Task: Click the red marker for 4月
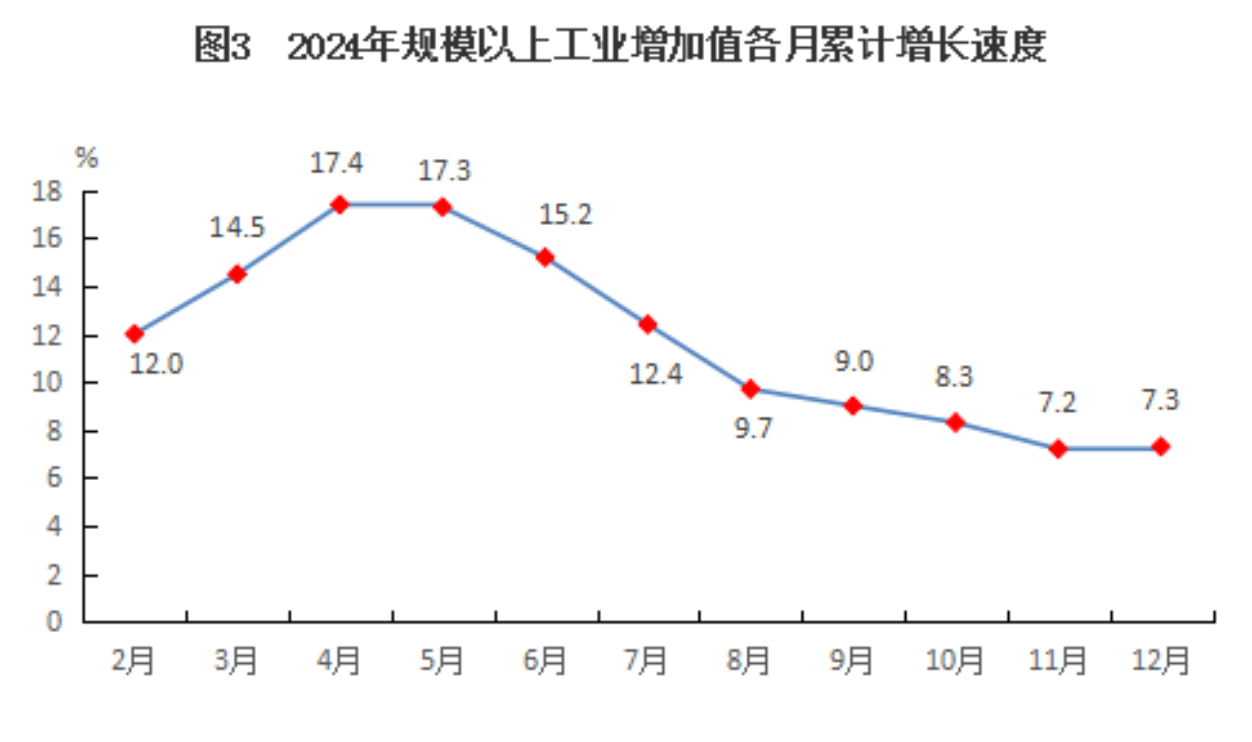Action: [339, 204]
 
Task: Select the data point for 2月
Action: [134, 333]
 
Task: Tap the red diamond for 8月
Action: [751, 389]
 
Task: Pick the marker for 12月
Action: [1161, 447]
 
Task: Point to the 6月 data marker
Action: [544, 257]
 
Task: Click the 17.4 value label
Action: [336, 162]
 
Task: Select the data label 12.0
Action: [156, 364]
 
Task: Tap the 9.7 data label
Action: [753, 428]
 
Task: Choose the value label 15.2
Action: [565, 214]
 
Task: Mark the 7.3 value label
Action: [1160, 400]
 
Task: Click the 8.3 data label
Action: [953, 376]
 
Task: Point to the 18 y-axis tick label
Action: [47, 191]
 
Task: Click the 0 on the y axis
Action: [54, 621]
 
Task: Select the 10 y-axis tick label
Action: [47, 382]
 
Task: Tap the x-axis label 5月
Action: [441, 660]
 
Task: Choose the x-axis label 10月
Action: [954, 660]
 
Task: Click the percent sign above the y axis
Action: [87, 157]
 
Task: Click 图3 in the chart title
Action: [222, 45]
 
